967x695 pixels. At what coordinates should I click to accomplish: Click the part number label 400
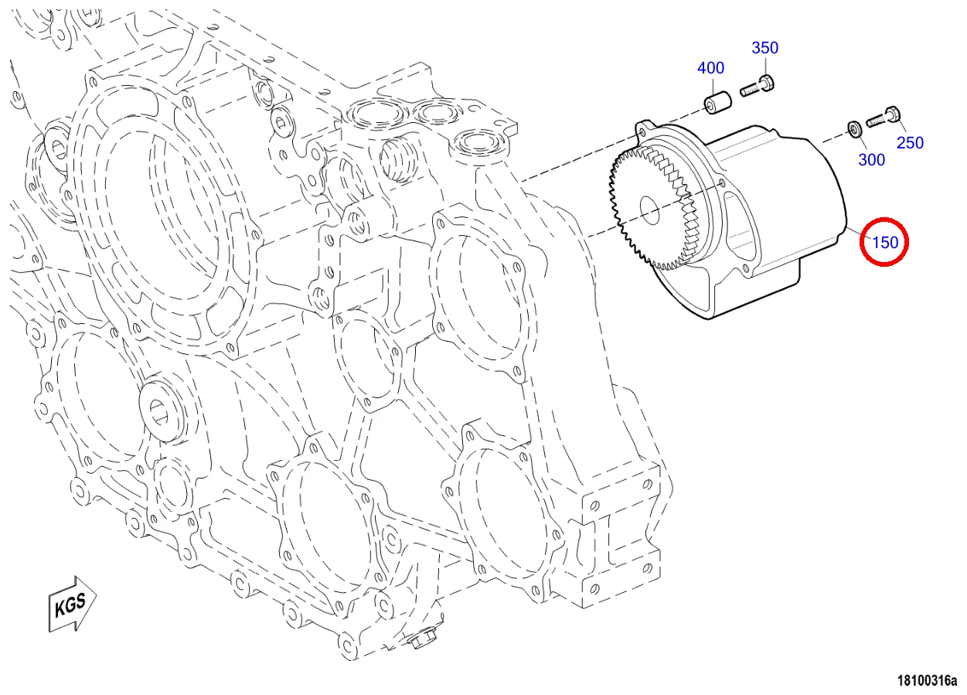(710, 68)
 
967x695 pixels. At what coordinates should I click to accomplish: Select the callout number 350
(764, 48)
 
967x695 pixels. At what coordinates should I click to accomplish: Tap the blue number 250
(910, 143)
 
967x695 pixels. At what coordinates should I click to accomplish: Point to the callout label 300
(872, 160)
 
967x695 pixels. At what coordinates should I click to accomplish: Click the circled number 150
(884, 242)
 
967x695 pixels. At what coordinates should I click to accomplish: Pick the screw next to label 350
(758, 87)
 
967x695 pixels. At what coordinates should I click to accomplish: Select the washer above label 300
(855, 127)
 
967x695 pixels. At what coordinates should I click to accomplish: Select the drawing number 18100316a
(926, 681)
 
